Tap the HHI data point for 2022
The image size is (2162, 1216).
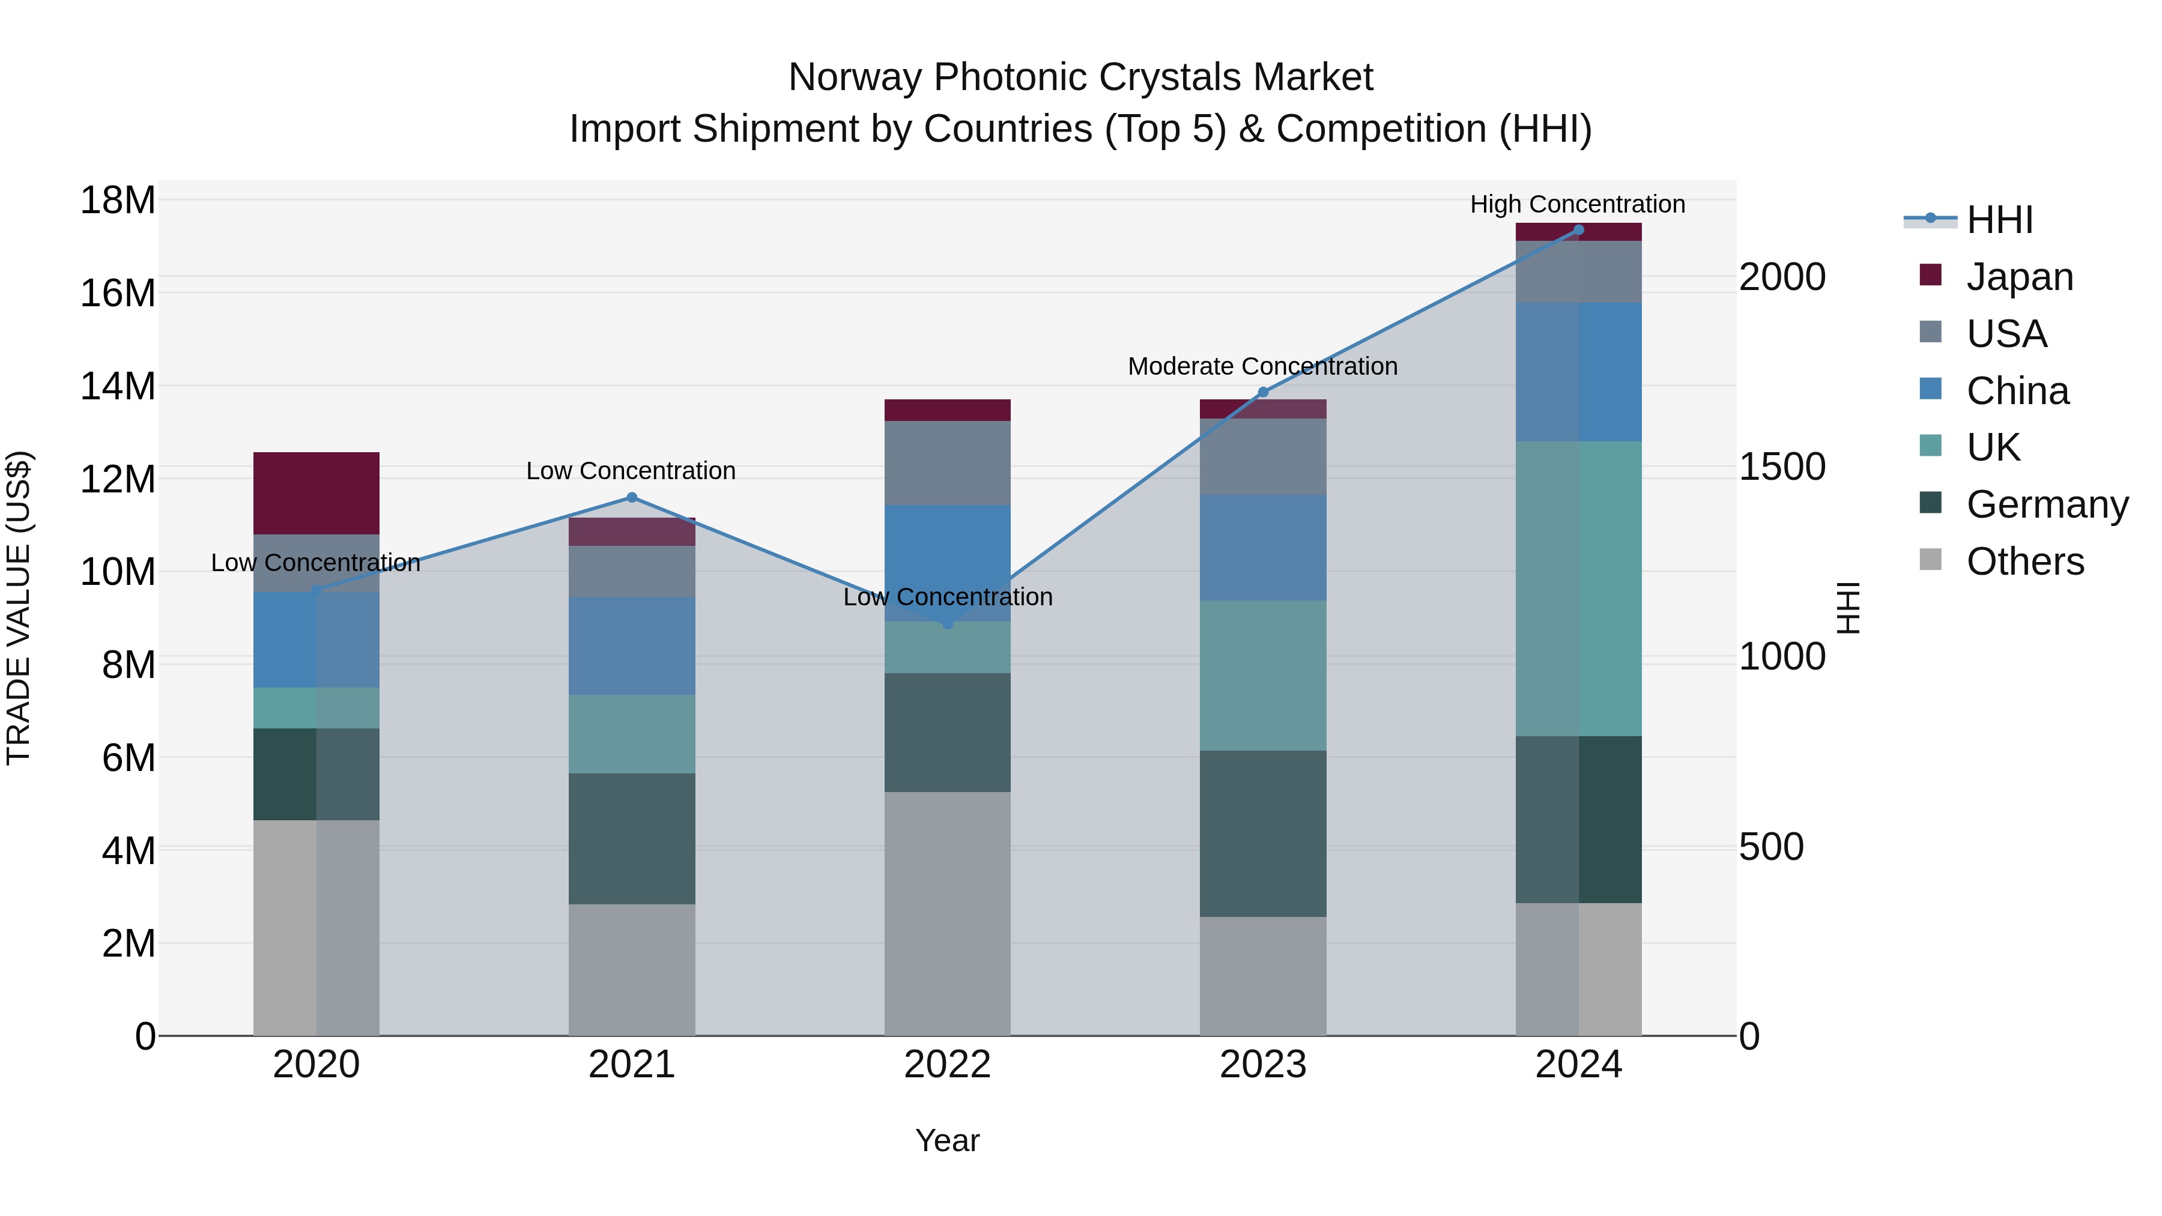[948, 623]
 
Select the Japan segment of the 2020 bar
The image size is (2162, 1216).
[316, 494]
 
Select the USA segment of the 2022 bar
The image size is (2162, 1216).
[948, 462]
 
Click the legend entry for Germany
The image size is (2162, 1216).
[2046, 504]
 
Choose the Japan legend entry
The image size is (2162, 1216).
[2018, 276]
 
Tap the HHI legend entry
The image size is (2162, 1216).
[1999, 220]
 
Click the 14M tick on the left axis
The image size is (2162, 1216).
[118, 387]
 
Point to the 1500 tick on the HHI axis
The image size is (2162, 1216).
[1782, 467]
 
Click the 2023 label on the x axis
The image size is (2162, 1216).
[1262, 1065]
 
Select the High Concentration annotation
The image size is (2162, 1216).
[1577, 204]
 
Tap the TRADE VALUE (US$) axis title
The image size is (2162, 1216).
[19, 608]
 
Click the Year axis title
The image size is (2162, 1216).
[946, 1140]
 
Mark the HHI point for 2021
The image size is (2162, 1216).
[632, 498]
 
